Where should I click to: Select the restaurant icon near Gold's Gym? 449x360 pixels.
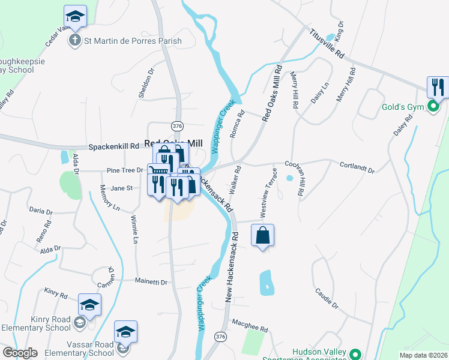pos(438,86)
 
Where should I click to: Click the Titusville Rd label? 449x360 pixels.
pos(327,45)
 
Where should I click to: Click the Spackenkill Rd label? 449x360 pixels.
pos(114,146)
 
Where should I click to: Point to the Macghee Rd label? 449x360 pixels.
pos(249,327)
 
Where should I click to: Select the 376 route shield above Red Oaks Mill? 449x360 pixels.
pos(176,126)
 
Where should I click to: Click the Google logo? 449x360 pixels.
pos(20,352)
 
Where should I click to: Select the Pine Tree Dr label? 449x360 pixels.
pos(124,170)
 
